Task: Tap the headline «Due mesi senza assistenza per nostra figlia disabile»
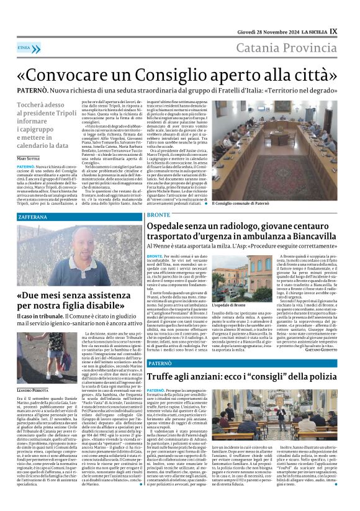point(67,299)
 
